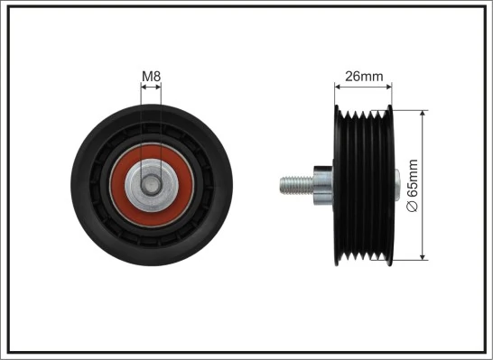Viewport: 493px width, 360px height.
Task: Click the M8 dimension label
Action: click(x=152, y=77)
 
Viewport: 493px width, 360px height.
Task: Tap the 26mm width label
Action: click(x=365, y=77)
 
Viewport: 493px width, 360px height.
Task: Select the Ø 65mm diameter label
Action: click(x=413, y=185)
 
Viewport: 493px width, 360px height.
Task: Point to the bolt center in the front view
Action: click(x=152, y=184)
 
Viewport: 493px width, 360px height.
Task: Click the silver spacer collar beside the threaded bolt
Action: click(x=320, y=185)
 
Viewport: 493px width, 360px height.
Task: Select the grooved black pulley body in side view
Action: click(x=363, y=185)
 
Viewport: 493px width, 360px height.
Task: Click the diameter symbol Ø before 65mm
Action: click(x=413, y=208)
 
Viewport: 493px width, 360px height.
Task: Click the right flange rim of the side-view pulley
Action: click(x=389, y=185)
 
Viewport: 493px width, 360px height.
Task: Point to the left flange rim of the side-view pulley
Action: click(x=338, y=185)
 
